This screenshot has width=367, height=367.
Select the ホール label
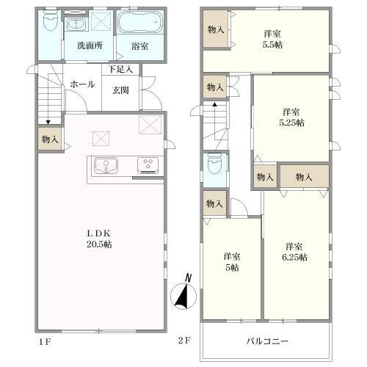tap(81, 84)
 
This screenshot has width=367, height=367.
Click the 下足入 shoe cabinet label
tap(120, 70)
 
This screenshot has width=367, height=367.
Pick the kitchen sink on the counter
tap(107, 164)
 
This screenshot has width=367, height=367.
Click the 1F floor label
tap(44, 341)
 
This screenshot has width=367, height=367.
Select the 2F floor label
tap(184, 341)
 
